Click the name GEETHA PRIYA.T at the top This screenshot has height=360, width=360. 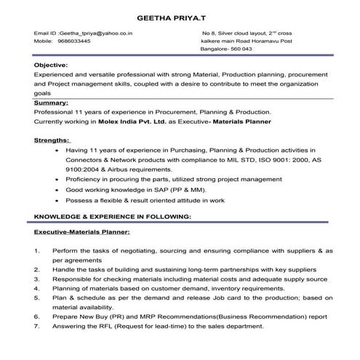pos(180,14)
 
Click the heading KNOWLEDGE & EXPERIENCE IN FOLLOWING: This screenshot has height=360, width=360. pos(113,217)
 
